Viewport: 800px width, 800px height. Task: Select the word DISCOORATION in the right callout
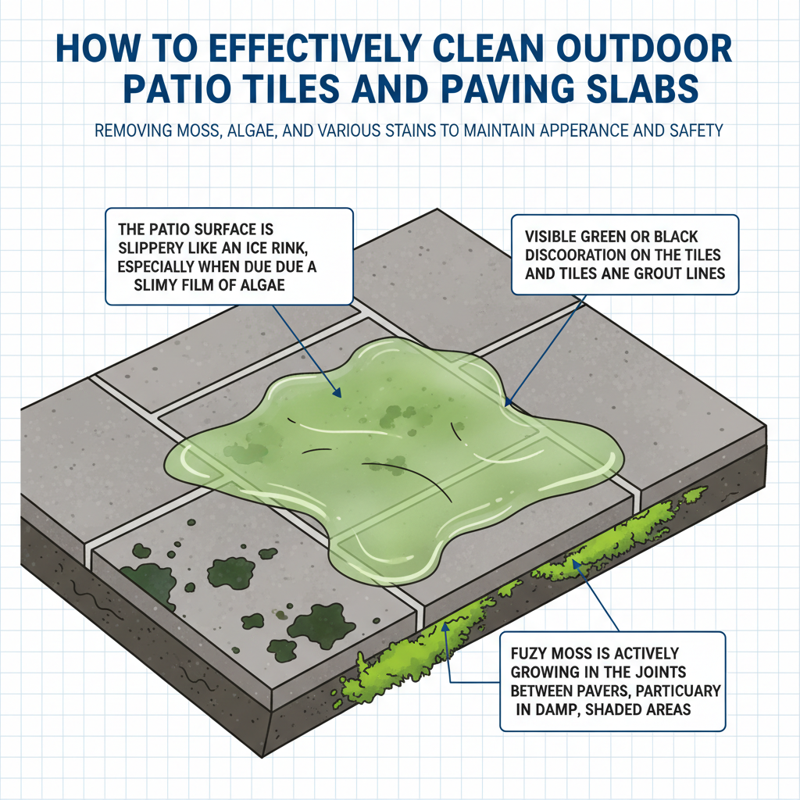571,254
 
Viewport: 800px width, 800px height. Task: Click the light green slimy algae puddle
391,469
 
